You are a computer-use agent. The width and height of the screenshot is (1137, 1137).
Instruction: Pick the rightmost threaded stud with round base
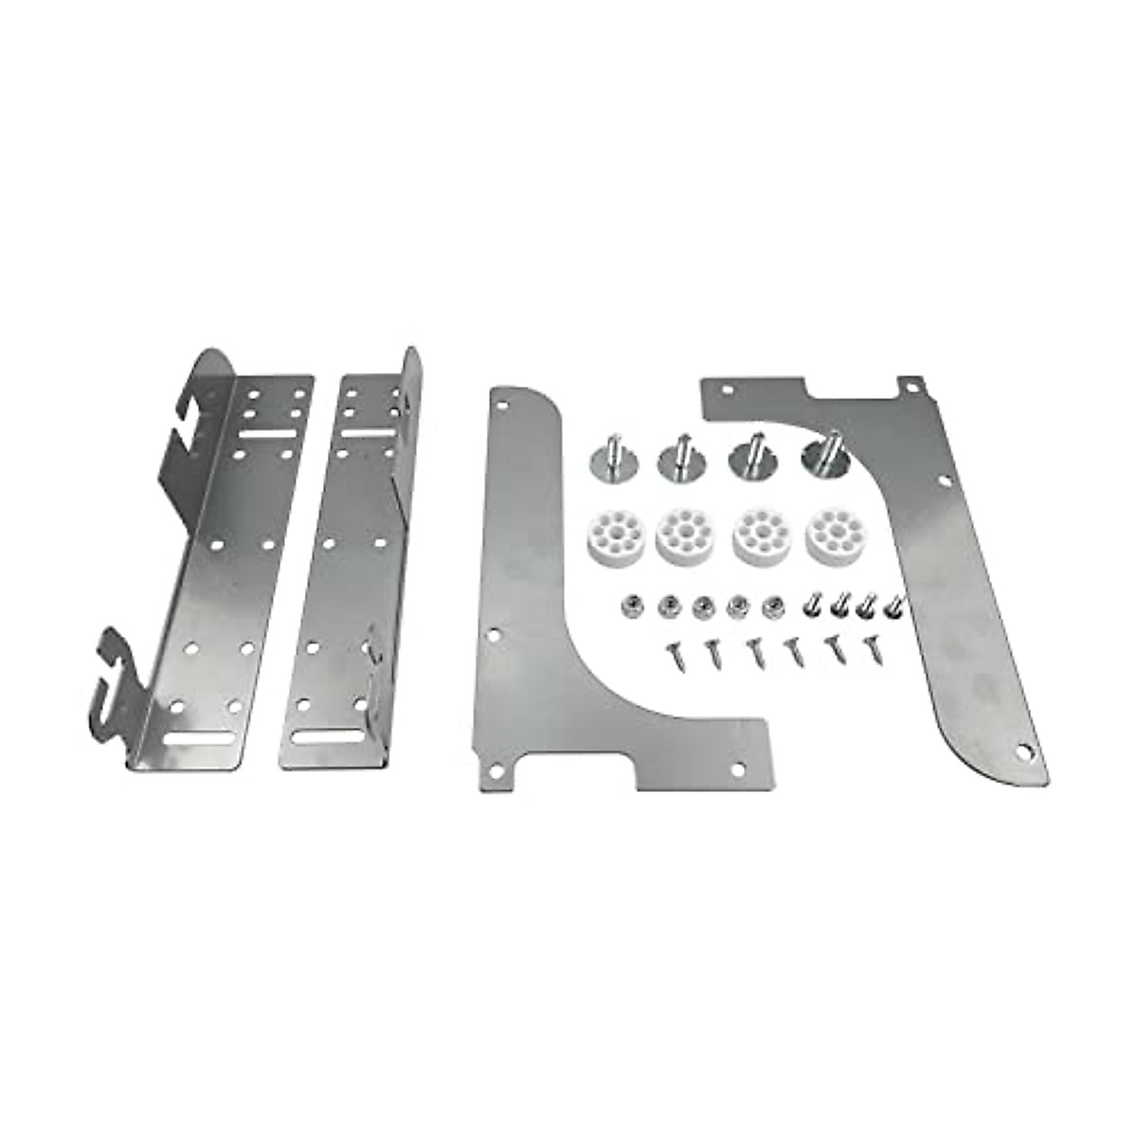tap(826, 456)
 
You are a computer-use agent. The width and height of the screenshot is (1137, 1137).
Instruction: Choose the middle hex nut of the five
tap(702, 605)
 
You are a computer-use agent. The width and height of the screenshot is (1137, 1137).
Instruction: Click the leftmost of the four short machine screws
tap(811, 604)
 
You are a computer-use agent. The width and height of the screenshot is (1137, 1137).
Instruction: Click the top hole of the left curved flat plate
tap(502, 402)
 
